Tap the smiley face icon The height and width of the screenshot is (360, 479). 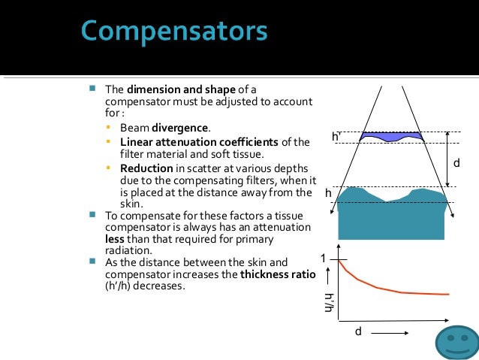click(x=456, y=342)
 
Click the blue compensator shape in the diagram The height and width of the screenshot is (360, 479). click(x=392, y=137)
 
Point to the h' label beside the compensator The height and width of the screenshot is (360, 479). click(x=336, y=137)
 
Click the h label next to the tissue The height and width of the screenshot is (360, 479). click(x=328, y=194)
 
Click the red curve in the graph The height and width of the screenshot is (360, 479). click(x=390, y=289)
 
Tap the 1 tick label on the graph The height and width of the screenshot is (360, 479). click(x=324, y=259)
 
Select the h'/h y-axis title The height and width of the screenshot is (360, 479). click(x=328, y=302)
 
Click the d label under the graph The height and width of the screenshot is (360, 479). click(x=357, y=331)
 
